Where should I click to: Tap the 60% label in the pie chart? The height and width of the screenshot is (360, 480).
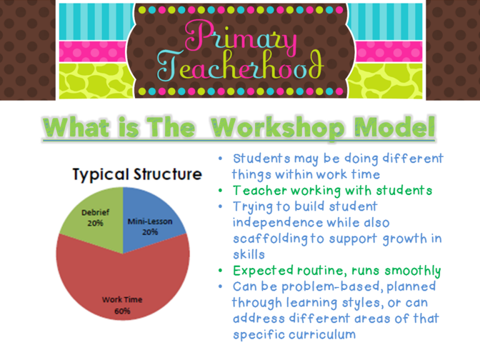122,311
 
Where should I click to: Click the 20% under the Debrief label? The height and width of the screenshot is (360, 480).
95,222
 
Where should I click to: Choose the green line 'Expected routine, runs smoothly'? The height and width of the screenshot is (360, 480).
336,271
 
